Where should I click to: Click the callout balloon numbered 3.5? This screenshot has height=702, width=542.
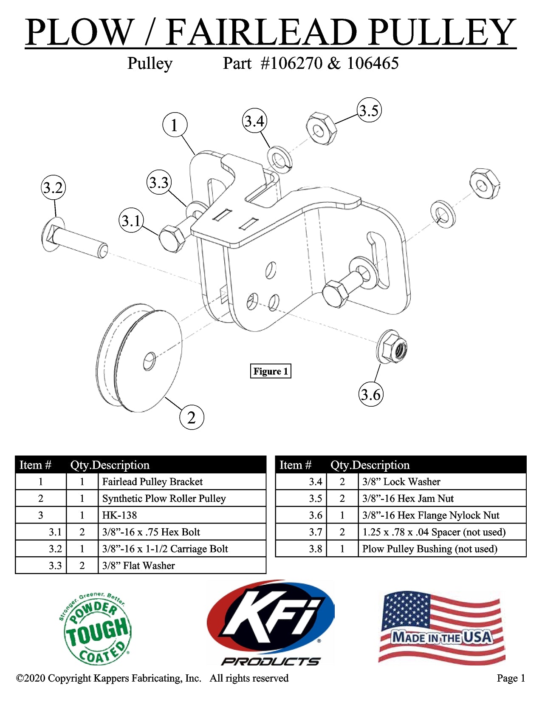(x=369, y=110)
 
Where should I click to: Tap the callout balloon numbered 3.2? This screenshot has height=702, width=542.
(x=54, y=187)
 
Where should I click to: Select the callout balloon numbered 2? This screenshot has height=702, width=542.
(x=192, y=417)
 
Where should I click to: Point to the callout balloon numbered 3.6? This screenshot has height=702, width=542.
(x=370, y=394)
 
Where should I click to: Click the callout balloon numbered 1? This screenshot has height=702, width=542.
(x=175, y=125)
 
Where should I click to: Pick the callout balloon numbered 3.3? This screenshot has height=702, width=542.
(x=159, y=183)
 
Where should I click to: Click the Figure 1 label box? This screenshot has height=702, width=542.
(x=271, y=371)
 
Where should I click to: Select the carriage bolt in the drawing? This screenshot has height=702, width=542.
(x=74, y=241)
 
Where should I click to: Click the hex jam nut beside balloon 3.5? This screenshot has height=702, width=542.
(x=322, y=128)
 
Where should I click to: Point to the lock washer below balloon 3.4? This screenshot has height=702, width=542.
(x=279, y=159)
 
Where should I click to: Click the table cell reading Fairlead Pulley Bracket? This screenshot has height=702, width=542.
(x=182, y=481)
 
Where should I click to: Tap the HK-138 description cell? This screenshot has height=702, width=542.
(x=182, y=515)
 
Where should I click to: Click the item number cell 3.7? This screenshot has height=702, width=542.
(x=301, y=532)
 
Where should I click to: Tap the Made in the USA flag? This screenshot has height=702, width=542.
(x=442, y=628)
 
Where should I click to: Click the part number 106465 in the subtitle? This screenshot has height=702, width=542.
(x=373, y=64)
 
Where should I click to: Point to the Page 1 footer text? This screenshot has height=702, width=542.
(x=511, y=678)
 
